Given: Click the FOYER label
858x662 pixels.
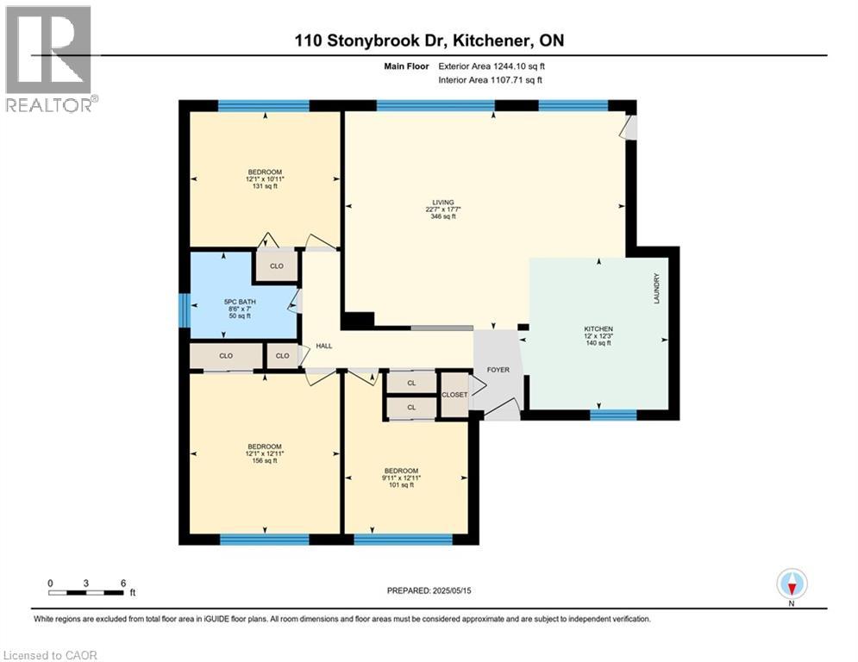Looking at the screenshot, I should click(x=498, y=370).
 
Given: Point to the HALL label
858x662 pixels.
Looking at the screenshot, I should click(x=324, y=346).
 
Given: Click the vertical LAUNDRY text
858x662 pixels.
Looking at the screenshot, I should click(x=656, y=288).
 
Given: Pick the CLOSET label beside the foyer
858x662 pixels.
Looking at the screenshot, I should click(x=454, y=395).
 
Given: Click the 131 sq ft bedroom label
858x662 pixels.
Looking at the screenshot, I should click(x=265, y=179).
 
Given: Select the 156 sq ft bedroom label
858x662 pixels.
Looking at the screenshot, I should click(x=265, y=453).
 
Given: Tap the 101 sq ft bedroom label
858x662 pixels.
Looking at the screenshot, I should click(x=401, y=478).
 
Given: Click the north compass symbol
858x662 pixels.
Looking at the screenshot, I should click(x=791, y=584).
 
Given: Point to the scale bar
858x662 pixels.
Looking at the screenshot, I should click(x=86, y=592).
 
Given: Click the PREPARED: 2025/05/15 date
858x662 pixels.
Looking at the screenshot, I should click(x=429, y=590).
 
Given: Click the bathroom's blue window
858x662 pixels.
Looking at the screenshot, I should click(x=183, y=310).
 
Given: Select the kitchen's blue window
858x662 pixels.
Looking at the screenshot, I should click(x=613, y=415).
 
